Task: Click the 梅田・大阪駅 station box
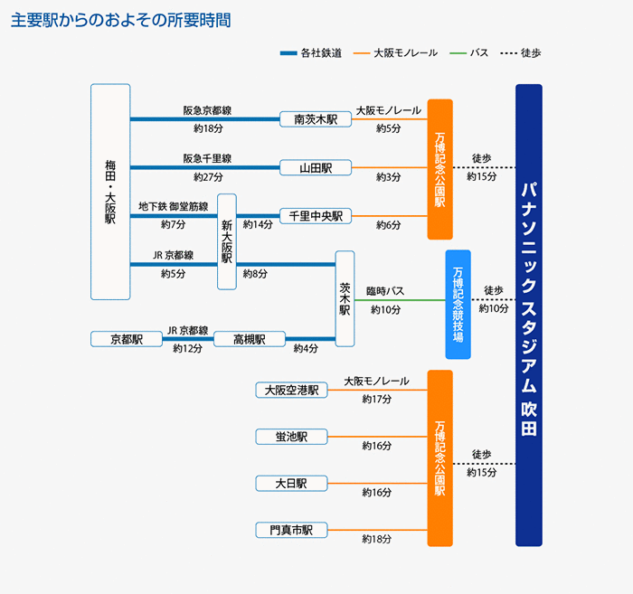click(x=110, y=192)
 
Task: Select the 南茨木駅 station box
click(x=315, y=118)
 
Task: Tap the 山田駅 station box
click(x=315, y=167)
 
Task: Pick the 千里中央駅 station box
click(x=315, y=216)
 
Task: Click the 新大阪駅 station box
click(x=227, y=241)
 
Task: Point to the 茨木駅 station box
click(x=345, y=298)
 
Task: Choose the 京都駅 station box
click(x=127, y=339)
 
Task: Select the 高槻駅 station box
click(x=249, y=339)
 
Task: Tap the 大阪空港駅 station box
click(x=291, y=390)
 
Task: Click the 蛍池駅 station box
click(x=291, y=437)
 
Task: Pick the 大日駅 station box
click(x=291, y=484)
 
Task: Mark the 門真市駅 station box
click(x=291, y=530)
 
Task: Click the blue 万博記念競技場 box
click(x=458, y=304)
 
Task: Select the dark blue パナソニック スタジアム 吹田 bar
click(x=529, y=315)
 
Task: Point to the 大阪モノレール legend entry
click(x=398, y=53)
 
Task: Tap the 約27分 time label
click(x=208, y=177)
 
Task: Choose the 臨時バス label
click(x=385, y=292)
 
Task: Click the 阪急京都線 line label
click(x=207, y=110)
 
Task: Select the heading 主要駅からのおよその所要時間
click(x=120, y=20)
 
